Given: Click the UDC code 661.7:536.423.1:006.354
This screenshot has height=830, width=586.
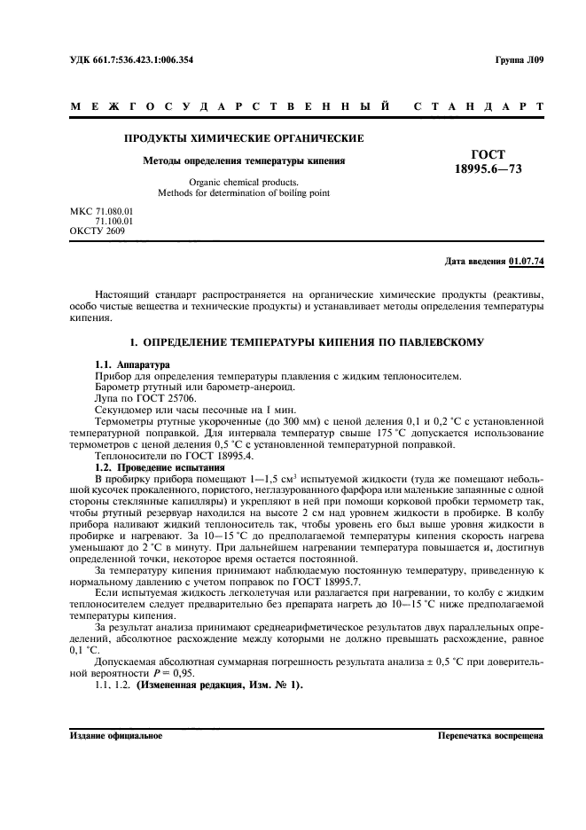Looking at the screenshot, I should tap(145, 61).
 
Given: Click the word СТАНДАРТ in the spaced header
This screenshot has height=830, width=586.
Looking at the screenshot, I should tap(479, 107).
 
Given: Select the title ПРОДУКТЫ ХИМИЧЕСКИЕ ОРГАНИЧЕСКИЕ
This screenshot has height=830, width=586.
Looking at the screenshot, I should tap(244, 139).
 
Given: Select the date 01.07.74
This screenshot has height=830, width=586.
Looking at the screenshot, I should tap(527, 262).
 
